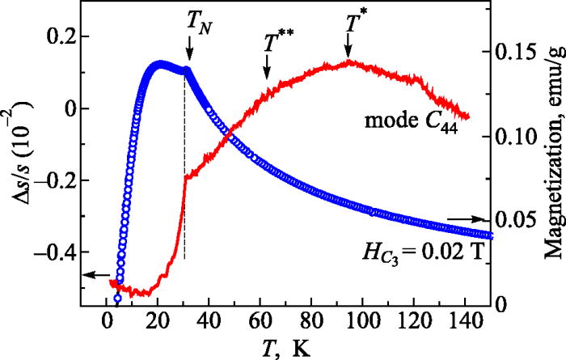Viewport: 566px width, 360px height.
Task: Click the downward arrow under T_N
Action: pos(189,53)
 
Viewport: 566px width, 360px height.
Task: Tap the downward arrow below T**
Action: pos(268,71)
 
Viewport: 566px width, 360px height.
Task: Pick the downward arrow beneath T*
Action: pos(348,50)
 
